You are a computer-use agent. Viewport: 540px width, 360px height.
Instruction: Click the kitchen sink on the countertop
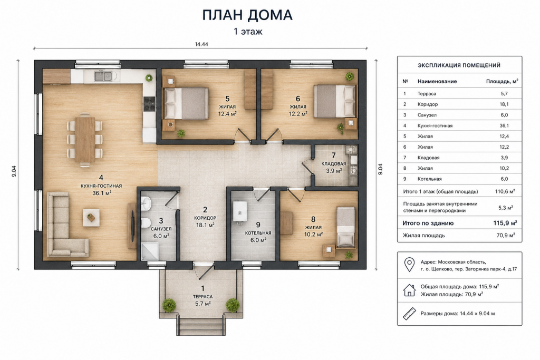[x=103, y=76]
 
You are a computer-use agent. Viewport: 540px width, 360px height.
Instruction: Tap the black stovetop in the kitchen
[x=149, y=104]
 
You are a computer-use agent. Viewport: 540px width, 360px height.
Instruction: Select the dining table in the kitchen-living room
[x=85, y=139]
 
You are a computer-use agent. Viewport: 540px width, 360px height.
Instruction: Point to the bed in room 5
[x=186, y=103]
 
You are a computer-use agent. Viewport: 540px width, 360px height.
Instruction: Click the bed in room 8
[x=345, y=227]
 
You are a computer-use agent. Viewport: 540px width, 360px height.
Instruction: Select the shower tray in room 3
[x=149, y=251]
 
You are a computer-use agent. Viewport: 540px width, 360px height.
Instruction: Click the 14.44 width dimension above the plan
[x=201, y=44]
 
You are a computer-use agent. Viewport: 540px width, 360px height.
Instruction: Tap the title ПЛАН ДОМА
[x=247, y=15]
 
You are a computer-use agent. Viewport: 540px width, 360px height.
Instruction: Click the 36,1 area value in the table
[x=504, y=125]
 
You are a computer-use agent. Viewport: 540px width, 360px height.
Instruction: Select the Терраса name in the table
[x=427, y=94]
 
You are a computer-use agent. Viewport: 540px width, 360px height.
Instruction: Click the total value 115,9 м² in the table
[x=505, y=223]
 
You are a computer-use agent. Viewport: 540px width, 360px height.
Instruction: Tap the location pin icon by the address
[x=409, y=265]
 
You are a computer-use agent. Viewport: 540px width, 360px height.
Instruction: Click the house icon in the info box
[x=409, y=290]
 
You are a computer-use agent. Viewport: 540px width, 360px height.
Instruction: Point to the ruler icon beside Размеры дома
[x=409, y=314]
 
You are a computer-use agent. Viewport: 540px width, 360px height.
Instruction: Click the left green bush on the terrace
[x=169, y=305]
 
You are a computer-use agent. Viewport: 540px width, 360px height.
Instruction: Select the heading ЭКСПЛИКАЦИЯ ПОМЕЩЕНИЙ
[x=459, y=65]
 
